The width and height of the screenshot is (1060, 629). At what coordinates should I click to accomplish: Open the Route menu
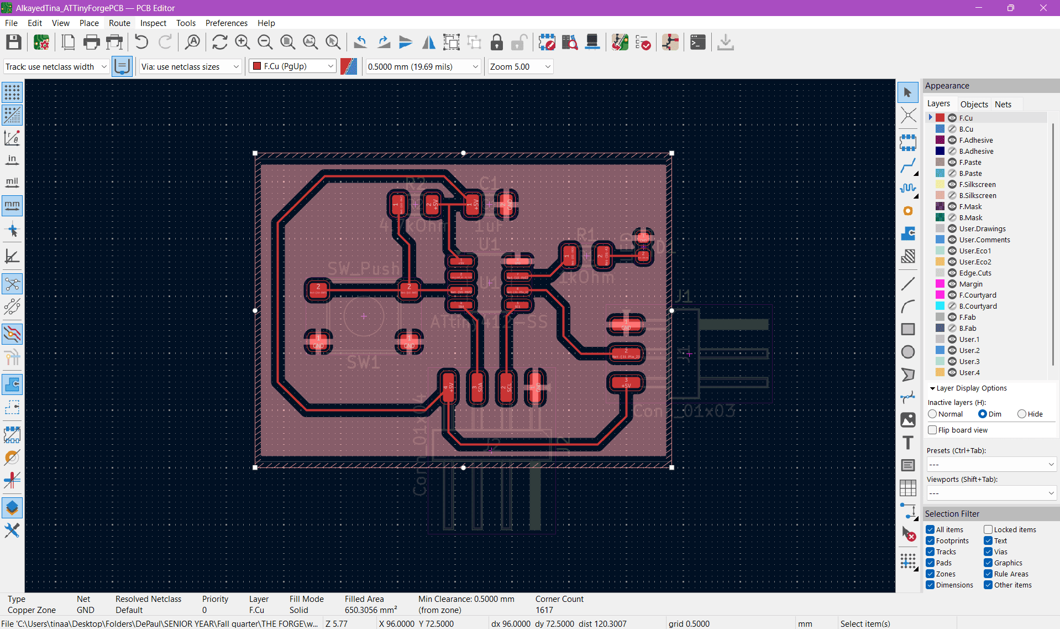[119, 23]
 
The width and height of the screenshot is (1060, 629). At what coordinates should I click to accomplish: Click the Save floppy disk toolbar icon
[14, 43]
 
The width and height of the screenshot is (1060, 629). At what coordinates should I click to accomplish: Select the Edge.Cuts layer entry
[975, 273]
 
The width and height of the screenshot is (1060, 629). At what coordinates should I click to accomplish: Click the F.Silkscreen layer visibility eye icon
[952, 184]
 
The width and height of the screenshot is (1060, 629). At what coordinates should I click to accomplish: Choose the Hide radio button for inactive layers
[1022, 414]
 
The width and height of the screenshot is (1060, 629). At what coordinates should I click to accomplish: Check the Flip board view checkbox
[933, 430]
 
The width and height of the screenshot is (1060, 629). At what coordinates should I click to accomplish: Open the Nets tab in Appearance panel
[1003, 104]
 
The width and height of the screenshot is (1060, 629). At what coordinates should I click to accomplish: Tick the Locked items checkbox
[988, 529]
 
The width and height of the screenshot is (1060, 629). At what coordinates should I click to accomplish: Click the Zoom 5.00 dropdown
[519, 66]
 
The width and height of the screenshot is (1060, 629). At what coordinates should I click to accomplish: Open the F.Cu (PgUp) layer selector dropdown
[292, 66]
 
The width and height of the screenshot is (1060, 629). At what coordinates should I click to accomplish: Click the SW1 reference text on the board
[363, 363]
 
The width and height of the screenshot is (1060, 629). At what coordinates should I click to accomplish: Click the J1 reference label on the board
[683, 297]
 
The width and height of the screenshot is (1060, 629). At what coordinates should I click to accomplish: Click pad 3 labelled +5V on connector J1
[626, 382]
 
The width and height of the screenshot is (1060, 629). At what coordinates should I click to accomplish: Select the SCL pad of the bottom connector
[506, 387]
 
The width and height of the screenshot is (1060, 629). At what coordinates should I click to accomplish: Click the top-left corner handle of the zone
[255, 153]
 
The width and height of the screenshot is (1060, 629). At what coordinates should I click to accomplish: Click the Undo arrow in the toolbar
[141, 43]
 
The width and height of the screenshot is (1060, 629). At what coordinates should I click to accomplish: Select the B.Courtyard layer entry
[978, 306]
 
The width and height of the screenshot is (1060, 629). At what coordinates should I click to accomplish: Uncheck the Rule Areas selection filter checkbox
[988, 574]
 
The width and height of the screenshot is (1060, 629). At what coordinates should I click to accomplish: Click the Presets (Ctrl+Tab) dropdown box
[991, 464]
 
